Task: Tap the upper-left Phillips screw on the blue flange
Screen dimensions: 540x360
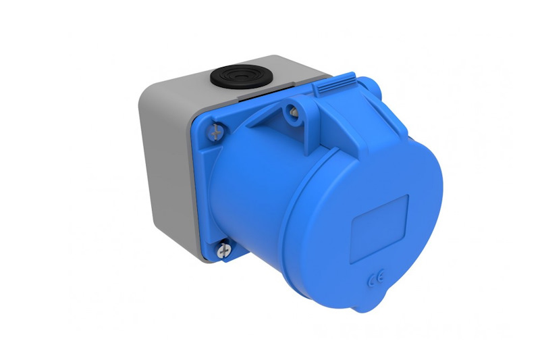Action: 216,132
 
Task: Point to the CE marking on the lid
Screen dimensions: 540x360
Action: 375,279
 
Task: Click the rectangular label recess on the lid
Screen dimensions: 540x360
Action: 379,229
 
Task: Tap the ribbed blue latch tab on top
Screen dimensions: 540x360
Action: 334,84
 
